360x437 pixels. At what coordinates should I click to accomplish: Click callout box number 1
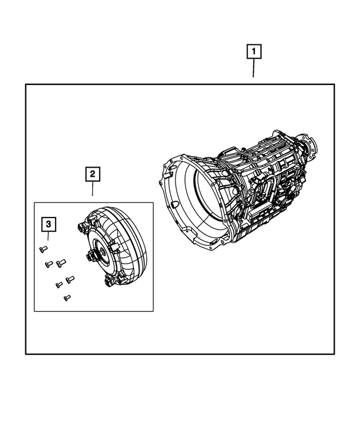click(x=254, y=52)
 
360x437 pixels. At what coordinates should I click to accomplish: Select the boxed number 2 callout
click(x=93, y=174)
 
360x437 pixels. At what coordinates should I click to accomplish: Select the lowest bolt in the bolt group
click(x=67, y=298)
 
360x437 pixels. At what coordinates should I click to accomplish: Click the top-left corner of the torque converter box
click(x=34, y=202)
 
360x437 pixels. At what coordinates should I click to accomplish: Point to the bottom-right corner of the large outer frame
click(x=335, y=354)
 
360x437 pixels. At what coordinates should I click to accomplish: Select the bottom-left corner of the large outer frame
click(x=26, y=354)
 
